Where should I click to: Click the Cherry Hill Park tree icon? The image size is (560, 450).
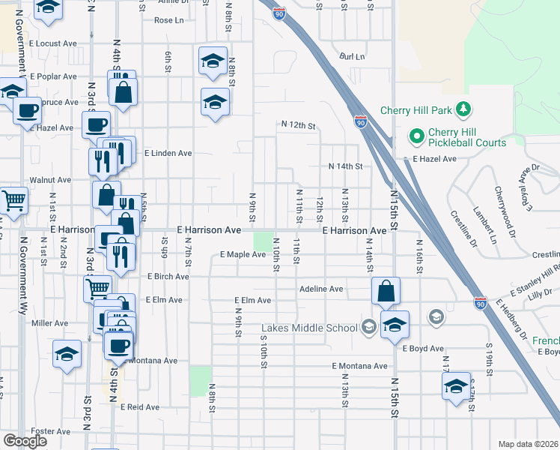pos(464,110)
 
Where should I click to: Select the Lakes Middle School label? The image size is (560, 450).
pos(309,328)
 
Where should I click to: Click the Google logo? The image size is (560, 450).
pos(25,441)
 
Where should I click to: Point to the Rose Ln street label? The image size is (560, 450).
pos(164,20)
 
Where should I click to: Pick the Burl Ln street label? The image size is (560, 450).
pos(351,56)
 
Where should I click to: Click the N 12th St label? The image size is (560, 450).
pos(299,124)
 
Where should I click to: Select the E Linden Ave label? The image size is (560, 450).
pos(168,153)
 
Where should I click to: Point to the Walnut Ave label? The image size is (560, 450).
pos(50,180)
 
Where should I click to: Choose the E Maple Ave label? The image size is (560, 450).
pos(243,255)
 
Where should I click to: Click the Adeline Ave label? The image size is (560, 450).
pos(320,289)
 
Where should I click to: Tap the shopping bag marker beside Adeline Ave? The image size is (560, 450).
pos(385,291)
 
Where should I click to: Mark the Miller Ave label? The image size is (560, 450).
pos(50,323)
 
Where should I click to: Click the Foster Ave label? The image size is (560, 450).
pos(51,431)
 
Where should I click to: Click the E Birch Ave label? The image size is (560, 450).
pos(168,277)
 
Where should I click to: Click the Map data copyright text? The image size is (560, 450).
pos(527,444)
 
